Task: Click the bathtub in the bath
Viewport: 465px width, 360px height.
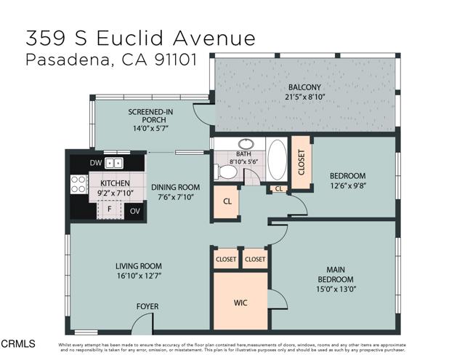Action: [x=277, y=158]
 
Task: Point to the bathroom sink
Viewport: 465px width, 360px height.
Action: [x=246, y=144]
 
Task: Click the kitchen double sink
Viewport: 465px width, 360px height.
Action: [x=113, y=163]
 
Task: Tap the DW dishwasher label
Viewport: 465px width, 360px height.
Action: [x=96, y=163]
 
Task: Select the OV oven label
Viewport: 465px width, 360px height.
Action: [x=134, y=212]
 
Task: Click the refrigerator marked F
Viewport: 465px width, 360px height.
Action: [x=110, y=209]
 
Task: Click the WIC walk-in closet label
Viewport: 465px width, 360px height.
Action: [x=240, y=302]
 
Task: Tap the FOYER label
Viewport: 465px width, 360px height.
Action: [x=147, y=306]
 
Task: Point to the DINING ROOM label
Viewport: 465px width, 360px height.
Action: [x=175, y=187]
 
